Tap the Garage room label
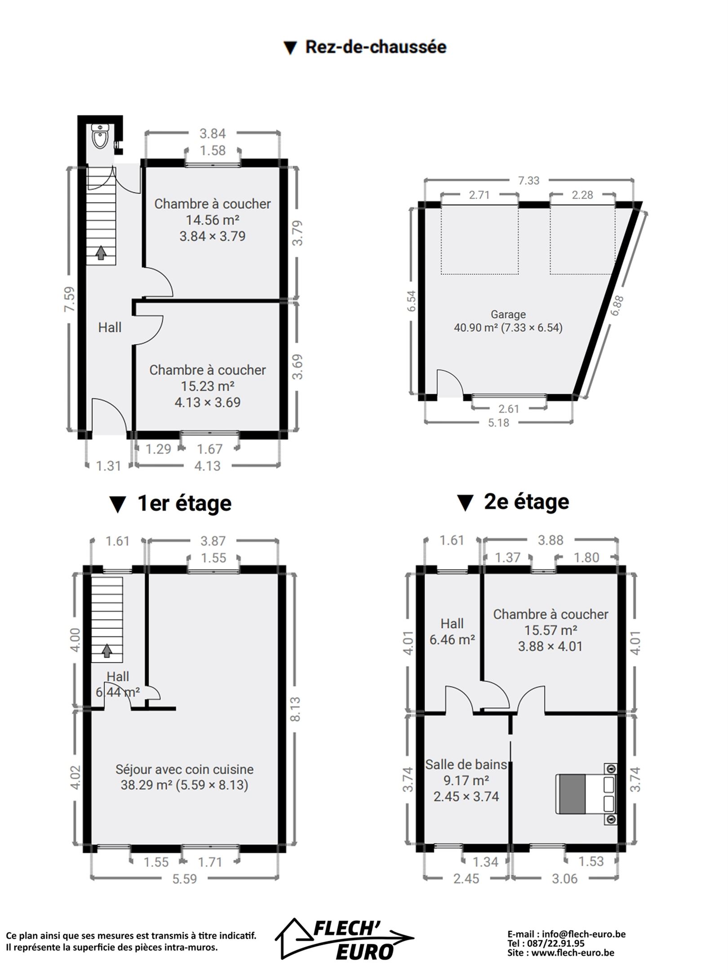tap(508, 314)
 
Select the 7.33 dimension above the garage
tap(528, 181)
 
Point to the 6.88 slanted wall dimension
tap(617, 305)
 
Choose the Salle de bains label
tap(466, 764)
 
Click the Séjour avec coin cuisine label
tap(184, 769)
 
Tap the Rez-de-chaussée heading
tap(376, 47)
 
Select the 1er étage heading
tap(184, 503)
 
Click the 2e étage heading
tap(526, 502)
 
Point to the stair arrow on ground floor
tap(101, 252)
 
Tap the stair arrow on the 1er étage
tap(107, 651)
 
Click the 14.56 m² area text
tap(213, 220)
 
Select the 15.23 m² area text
tap(208, 386)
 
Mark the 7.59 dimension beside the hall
tap(69, 299)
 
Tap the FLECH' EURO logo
tap(345, 939)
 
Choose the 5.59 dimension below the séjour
tap(185, 879)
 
